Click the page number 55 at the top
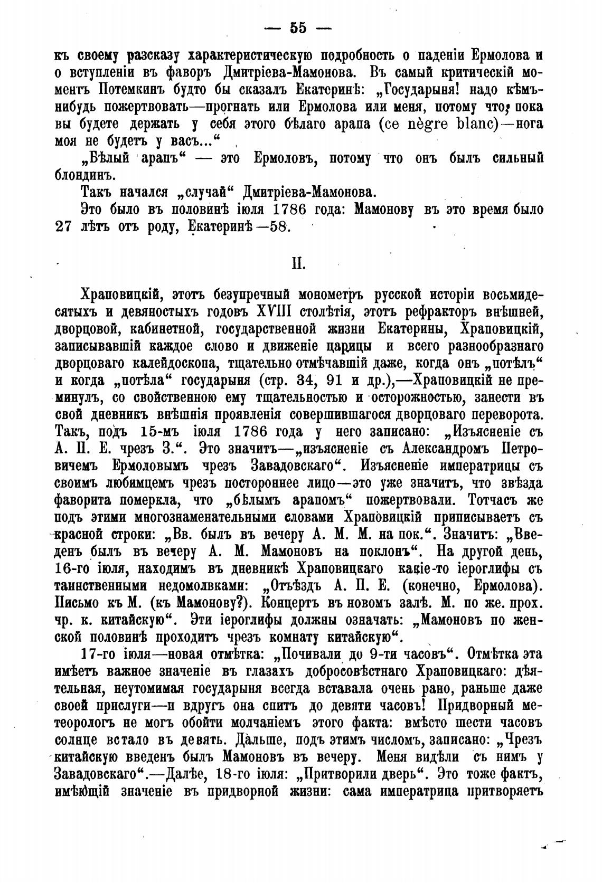pyautogui.click(x=298, y=29)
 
